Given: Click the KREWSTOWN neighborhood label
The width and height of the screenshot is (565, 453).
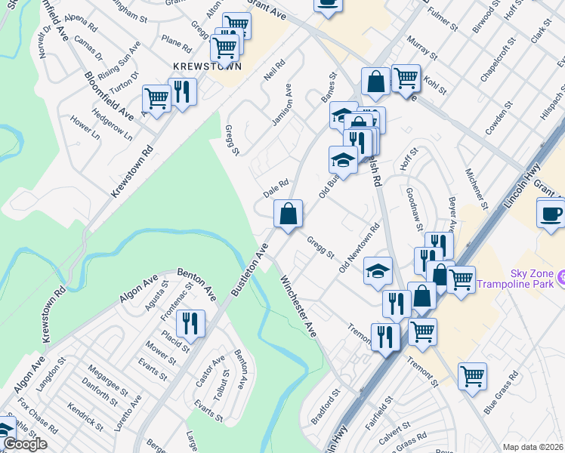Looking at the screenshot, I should point(206,66).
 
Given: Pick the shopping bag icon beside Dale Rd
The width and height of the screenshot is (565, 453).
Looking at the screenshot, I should point(287,214).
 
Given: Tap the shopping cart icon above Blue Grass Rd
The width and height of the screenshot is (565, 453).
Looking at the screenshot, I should point(472,376).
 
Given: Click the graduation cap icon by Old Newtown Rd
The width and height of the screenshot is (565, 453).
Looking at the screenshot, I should point(378,272).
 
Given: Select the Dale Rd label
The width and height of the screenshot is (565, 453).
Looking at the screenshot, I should point(276,187).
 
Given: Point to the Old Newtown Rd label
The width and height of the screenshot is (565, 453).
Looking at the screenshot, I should point(360,248).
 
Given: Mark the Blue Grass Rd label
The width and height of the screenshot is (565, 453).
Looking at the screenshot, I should point(501,393).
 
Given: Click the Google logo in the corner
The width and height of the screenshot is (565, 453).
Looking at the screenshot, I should point(25,444).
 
